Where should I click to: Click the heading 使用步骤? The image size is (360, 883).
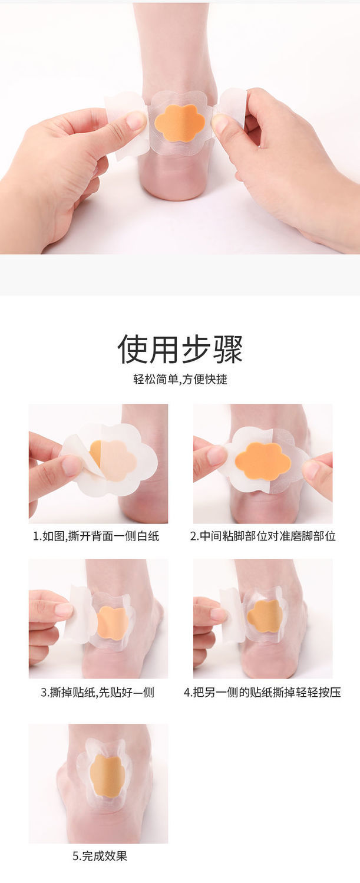click(x=180, y=350)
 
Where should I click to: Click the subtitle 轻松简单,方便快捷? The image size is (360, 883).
click(x=180, y=379)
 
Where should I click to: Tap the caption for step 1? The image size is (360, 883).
click(x=96, y=536)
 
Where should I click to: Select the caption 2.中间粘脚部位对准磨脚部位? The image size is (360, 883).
click(x=263, y=536)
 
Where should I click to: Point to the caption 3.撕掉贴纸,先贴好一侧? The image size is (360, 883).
click(x=97, y=692)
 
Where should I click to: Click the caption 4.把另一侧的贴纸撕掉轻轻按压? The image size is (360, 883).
click(x=262, y=692)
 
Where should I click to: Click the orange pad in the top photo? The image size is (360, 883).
click(x=180, y=124)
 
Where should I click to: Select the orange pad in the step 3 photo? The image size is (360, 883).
click(x=113, y=623)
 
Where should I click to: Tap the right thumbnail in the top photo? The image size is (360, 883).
click(x=220, y=123)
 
